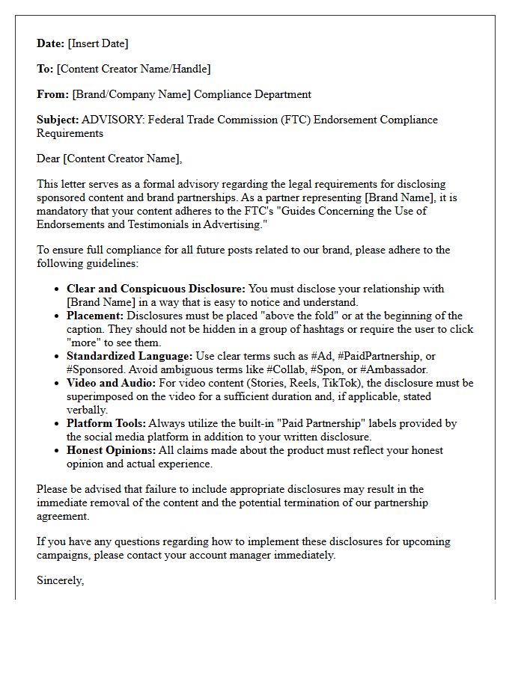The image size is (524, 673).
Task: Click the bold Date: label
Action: tap(51, 43)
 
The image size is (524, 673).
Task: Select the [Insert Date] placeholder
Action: tap(98, 43)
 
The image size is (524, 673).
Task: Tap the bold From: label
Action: tap(52, 94)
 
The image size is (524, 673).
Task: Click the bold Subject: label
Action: tap(58, 120)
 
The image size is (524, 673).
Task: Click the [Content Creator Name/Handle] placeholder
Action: tap(134, 69)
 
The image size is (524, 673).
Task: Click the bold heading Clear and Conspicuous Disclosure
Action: tap(156, 289)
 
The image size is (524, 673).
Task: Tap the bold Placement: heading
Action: tap(95, 316)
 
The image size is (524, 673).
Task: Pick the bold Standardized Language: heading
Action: tap(129, 356)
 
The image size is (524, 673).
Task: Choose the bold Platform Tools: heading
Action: tap(106, 423)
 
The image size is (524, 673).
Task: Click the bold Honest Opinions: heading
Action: tap(111, 450)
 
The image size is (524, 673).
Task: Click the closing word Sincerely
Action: tap(60, 580)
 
